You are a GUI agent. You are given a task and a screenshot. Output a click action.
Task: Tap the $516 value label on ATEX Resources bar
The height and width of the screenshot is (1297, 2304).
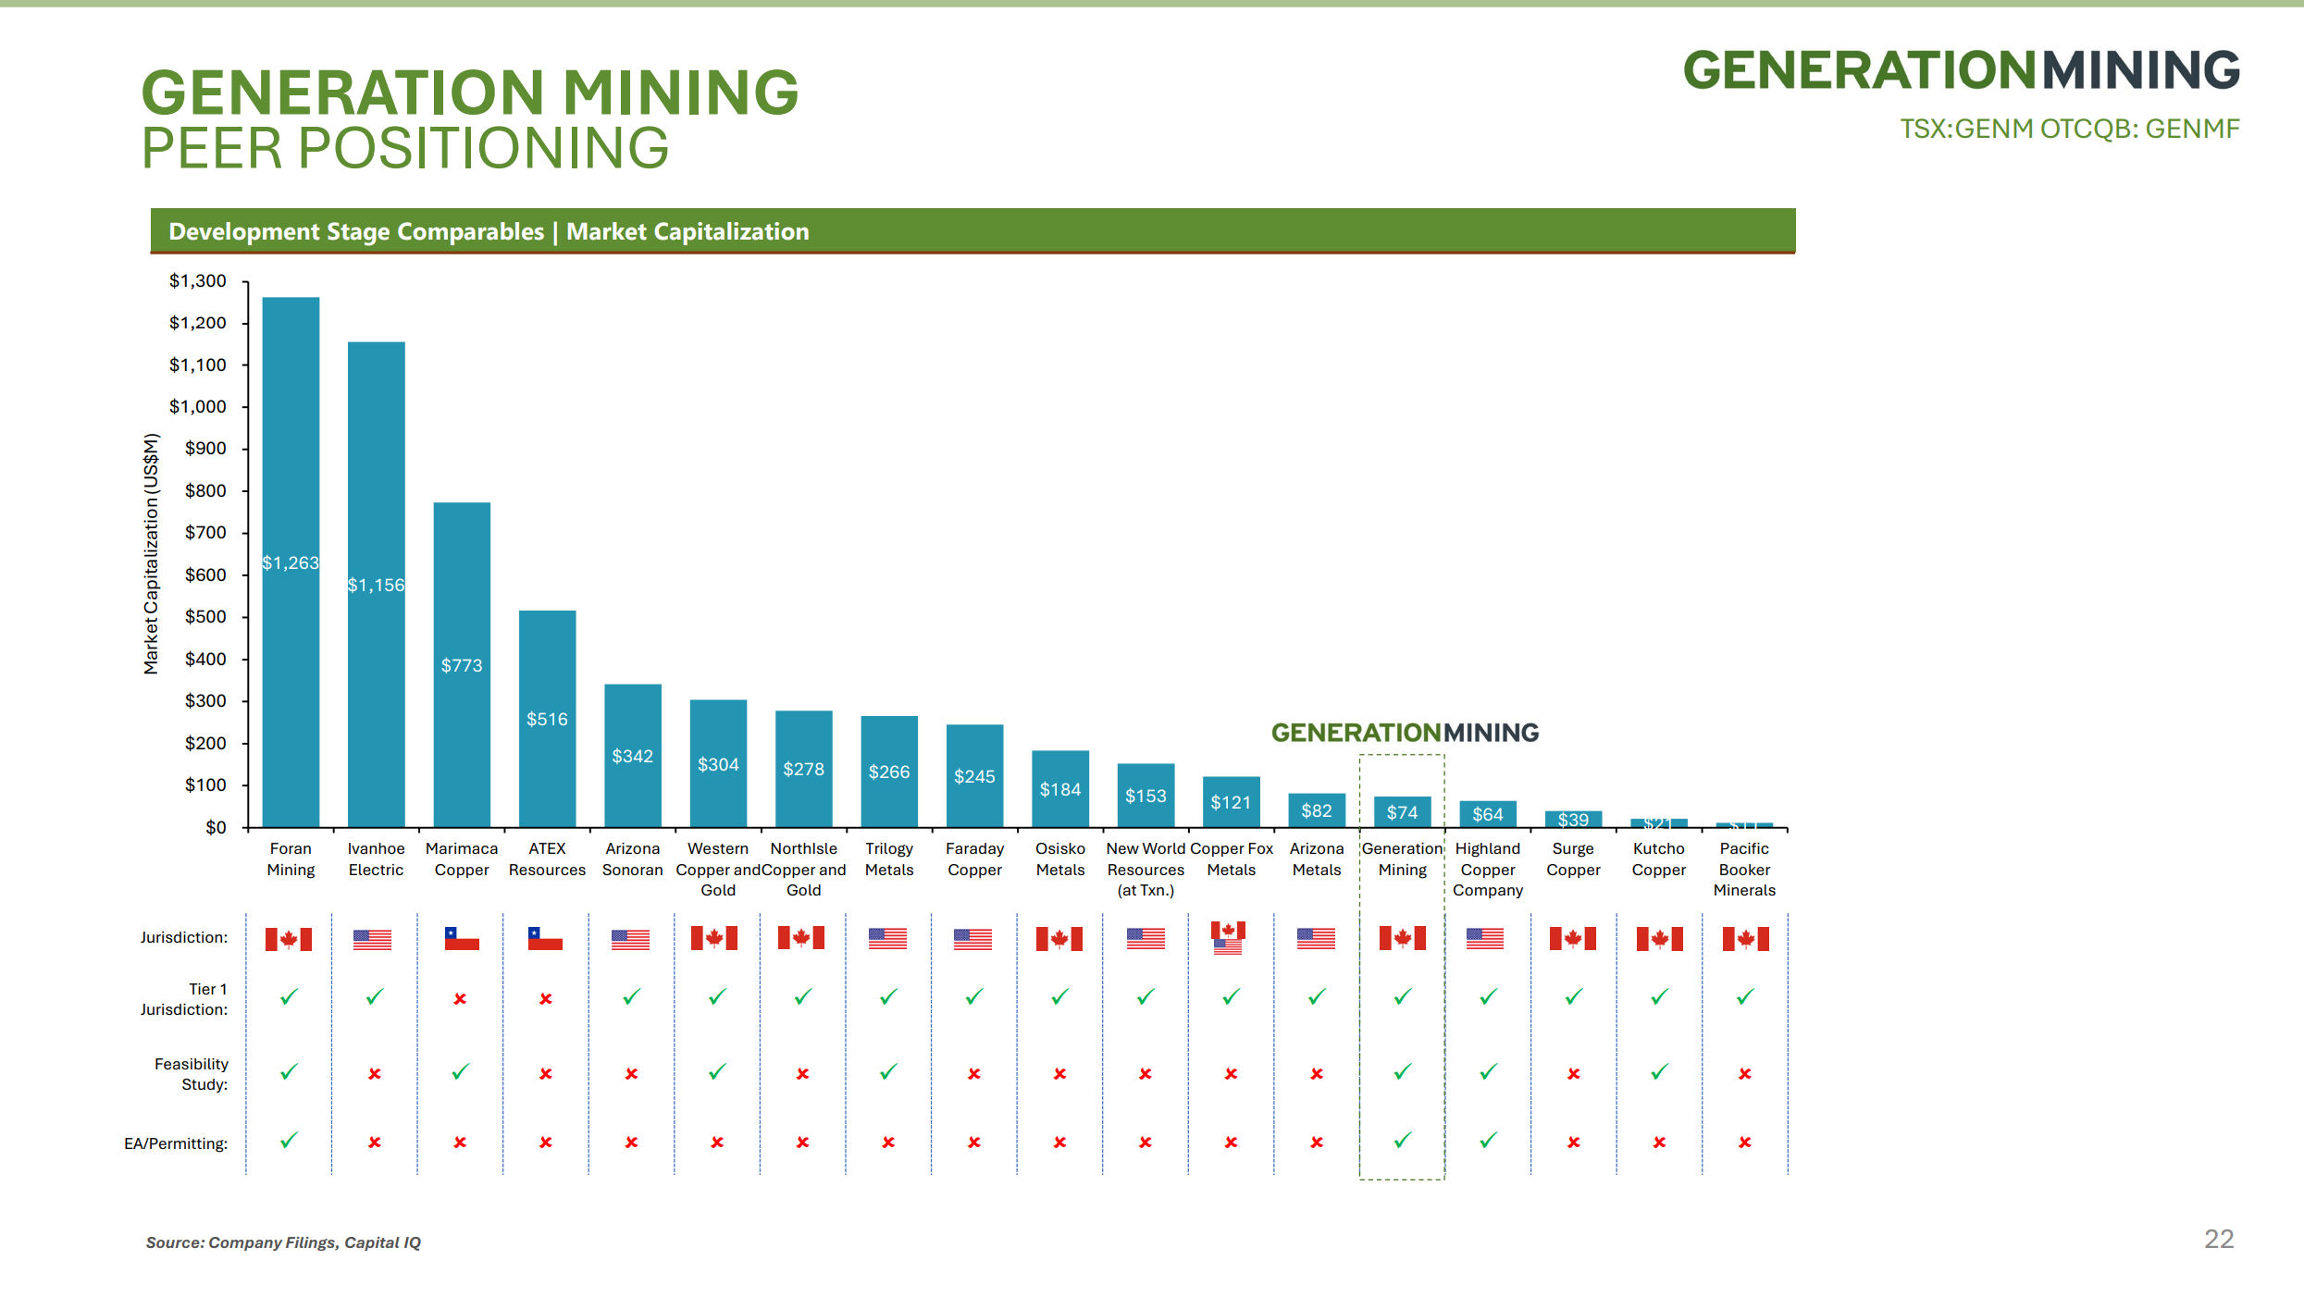tap(547, 719)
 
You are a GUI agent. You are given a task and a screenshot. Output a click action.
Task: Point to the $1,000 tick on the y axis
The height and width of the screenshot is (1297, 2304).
tap(197, 406)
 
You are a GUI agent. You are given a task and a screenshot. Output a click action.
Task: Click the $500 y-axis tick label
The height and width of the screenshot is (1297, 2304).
tap(204, 616)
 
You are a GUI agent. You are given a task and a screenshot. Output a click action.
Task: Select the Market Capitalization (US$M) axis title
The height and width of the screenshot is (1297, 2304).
tap(151, 553)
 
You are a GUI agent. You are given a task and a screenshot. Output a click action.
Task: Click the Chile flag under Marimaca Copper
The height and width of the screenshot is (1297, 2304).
tap(462, 938)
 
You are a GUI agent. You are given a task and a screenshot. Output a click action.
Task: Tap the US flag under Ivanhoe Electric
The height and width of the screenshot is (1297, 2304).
tap(372, 939)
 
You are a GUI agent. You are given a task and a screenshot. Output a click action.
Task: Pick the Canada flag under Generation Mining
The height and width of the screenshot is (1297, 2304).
tap(1402, 938)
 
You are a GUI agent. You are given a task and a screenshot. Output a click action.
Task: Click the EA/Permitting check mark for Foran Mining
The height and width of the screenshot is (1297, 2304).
tap(289, 1140)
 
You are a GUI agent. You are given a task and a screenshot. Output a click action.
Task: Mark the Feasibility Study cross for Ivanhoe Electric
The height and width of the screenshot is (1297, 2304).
tap(375, 1074)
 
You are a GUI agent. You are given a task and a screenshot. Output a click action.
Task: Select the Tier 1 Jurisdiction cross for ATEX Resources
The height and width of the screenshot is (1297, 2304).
tap(546, 999)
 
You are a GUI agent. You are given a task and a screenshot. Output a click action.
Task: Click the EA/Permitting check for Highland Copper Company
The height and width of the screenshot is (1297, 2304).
tap(1488, 1140)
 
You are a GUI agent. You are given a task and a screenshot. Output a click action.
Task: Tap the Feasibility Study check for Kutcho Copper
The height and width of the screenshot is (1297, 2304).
tap(1659, 1071)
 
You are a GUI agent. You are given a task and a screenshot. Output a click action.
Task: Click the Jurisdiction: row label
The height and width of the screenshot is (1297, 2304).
tap(183, 937)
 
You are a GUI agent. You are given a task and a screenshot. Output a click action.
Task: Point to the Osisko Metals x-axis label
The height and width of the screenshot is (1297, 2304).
tap(1059, 858)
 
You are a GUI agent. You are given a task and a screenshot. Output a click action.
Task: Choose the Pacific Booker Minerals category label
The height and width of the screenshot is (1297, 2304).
tap(1744, 869)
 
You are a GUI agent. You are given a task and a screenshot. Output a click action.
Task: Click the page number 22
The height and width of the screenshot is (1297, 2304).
tap(2219, 1239)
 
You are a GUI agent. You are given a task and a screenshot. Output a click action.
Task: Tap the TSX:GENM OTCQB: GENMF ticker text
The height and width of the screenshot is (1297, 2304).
tap(2069, 129)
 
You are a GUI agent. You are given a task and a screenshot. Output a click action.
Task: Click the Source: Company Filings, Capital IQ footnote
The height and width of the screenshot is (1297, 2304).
tap(283, 1242)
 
